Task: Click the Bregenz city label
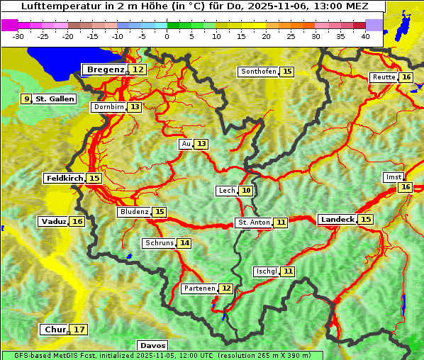(106, 69)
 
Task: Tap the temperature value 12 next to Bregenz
(138, 69)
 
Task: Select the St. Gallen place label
(55, 99)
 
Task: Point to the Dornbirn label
(108, 107)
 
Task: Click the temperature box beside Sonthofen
(286, 72)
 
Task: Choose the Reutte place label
(384, 77)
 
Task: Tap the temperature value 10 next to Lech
(245, 191)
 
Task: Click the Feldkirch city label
(64, 179)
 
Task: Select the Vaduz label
(54, 222)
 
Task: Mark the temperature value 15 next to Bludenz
(160, 212)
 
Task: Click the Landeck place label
(337, 220)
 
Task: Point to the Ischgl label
(267, 271)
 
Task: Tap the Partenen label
(199, 288)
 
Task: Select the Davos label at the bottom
(153, 346)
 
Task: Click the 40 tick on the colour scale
(365, 35)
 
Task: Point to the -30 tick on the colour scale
(18, 35)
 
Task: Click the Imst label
(392, 177)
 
